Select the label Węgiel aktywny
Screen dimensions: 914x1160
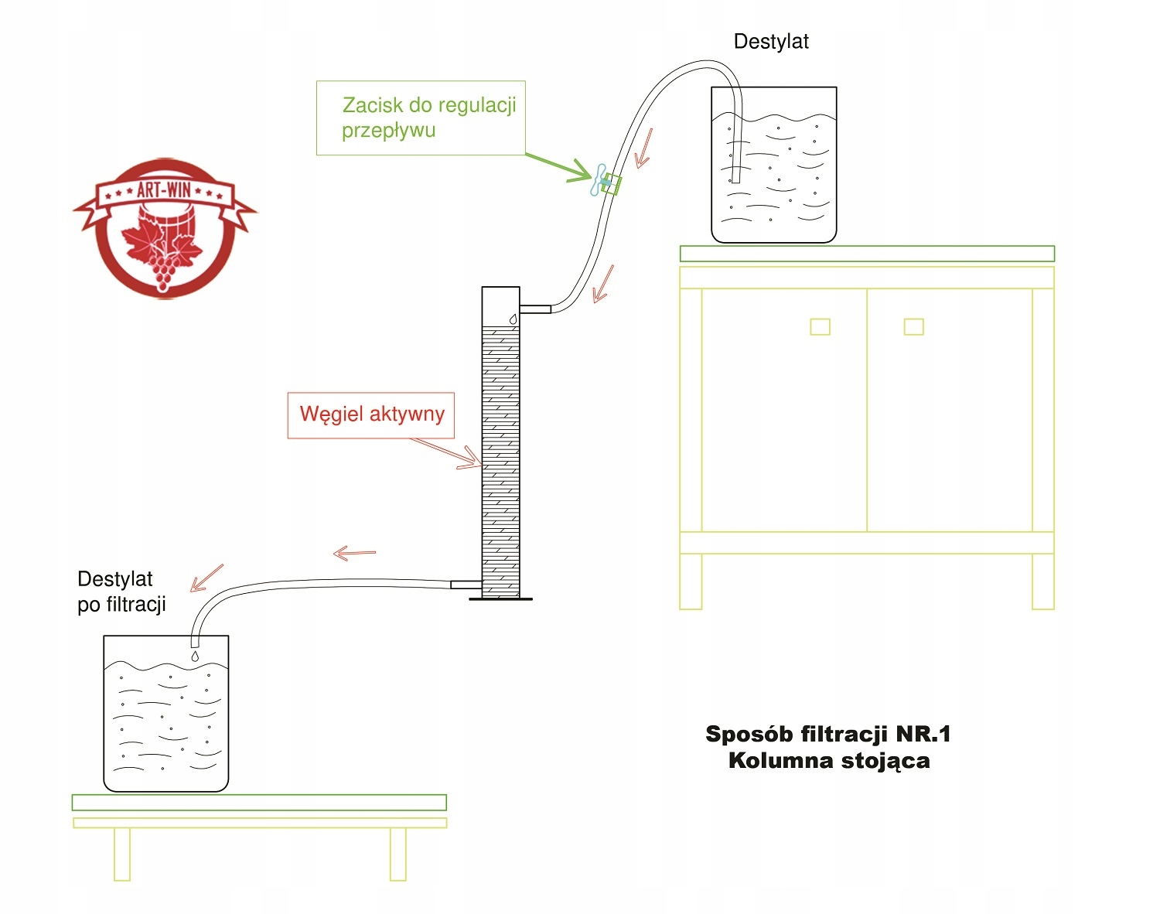point(372,414)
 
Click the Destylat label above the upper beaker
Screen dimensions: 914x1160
point(770,42)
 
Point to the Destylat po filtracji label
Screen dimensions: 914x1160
point(121,592)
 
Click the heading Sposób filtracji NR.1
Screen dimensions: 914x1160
point(827,734)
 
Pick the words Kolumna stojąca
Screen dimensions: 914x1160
point(829,761)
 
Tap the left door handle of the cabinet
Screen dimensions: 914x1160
point(820,327)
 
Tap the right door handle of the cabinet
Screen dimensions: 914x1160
point(913,327)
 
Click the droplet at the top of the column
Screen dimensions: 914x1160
point(512,319)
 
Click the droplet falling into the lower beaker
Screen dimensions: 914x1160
point(195,657)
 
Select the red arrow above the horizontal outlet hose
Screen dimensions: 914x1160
point(354,554)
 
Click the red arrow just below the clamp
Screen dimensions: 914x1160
point(602,284)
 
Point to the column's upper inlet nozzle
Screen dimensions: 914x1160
point(535,309)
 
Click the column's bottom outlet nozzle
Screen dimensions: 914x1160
point(466,585)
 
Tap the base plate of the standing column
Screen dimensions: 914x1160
point(500,599)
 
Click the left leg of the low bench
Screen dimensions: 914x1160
point(122,854)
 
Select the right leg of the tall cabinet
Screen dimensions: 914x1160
point(1042,581)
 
